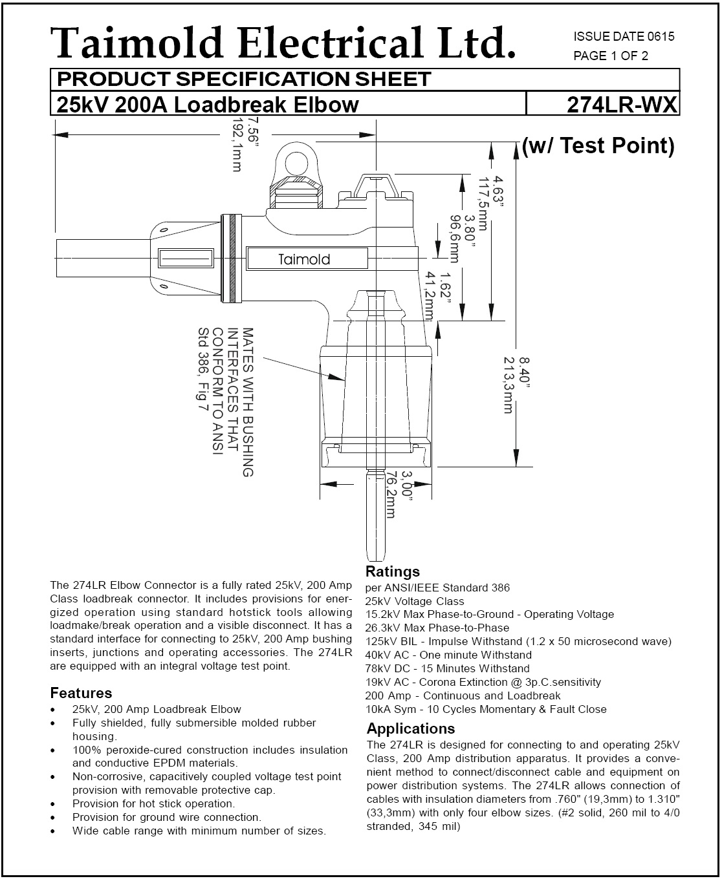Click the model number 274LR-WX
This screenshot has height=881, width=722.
[x=621, y=105]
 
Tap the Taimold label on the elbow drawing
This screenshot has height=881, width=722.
[x=304, y=260]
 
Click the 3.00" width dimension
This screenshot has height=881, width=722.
[x=406, y=484]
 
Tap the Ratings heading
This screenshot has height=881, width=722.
[x=393, y=571]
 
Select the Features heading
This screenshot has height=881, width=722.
[x=81, y=694]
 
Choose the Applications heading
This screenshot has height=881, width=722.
[x=411, y=729]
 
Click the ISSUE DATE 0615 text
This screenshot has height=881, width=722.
[x=624, y=37]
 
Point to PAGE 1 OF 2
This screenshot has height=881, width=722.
[x=611, y=56]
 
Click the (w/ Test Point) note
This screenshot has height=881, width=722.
[x=598, y=146]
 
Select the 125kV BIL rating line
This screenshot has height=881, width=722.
[x=518, y=642]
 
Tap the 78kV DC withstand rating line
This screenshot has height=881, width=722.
[x=447, y=669]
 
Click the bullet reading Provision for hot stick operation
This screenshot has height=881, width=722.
[x=153, y=804]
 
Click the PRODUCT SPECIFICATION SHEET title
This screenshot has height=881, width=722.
[x=244, y=80]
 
